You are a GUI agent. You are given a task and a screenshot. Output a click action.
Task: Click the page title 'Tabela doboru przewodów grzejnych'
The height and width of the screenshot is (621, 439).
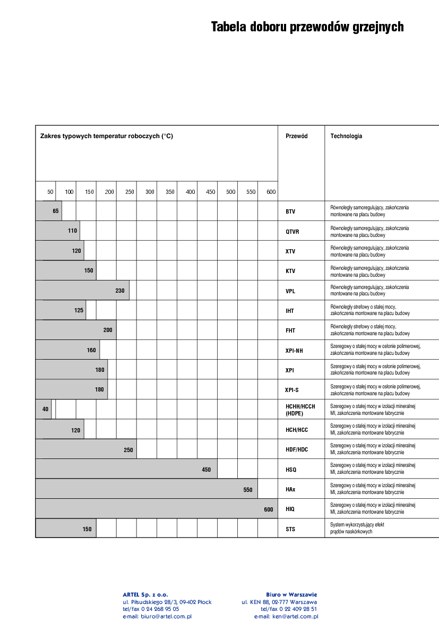point(307,27)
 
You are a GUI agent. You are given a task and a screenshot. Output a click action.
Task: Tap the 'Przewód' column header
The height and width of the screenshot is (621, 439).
point(296,136)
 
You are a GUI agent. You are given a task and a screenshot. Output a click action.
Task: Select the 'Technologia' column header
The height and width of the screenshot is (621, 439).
point(346,136)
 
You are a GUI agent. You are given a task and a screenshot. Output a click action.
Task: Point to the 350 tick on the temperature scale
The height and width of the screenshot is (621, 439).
point(170,192)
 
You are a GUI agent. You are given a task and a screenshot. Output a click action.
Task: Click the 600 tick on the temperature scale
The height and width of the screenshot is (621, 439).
point(271,192)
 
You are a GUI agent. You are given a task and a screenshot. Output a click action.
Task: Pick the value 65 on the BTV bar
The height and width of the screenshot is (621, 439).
point(56,211)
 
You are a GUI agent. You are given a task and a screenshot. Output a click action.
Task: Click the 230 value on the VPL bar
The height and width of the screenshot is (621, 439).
point(120,291)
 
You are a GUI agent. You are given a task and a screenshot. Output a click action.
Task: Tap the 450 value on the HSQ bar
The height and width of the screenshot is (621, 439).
point(206,470)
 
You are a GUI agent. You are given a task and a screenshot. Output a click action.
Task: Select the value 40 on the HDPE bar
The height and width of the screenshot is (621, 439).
point(45,409)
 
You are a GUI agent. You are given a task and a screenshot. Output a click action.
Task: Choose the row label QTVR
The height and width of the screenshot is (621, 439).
point(292,232)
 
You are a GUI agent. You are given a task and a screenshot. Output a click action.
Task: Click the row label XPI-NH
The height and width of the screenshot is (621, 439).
point(294,350)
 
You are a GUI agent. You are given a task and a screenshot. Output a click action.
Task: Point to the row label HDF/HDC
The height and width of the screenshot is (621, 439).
point(296,450)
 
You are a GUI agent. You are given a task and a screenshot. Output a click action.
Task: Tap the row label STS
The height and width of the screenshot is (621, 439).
point(290,529)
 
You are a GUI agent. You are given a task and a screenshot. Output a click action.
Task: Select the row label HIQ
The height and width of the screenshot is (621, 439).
point(290,509)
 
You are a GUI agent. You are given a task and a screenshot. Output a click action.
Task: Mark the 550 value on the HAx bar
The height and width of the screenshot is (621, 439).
point(248,490)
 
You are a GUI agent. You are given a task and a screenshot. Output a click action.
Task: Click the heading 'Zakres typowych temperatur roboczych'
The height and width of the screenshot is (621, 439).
point(107,136)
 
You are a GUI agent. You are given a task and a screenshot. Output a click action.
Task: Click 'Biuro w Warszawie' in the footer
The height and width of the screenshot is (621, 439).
point(291,594)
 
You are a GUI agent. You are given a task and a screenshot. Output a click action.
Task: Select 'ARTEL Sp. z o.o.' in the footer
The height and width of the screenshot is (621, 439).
point(145,594)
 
